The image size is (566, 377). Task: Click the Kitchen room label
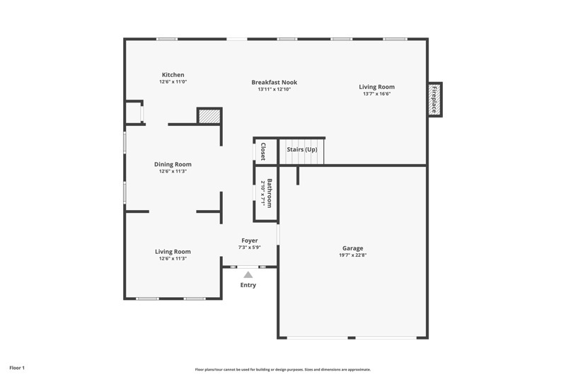(x=173, y=75)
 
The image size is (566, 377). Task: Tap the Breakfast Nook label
(x=274, y=83)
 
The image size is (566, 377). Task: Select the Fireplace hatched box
(x=434, y=99)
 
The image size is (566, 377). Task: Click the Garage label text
(x=352, y=248)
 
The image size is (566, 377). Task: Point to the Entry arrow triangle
(x=248, y=274)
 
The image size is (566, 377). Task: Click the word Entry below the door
(x=248, y=285)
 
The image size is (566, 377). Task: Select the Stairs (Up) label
(x=301, y=150)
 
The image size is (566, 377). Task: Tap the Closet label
(x=263, y=151)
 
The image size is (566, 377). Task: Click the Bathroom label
(x=270, y=192)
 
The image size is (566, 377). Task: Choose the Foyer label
(x=249, y=240)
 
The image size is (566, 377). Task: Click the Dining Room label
(x=173, y=164)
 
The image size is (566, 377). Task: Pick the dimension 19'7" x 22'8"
(x=352, y=255)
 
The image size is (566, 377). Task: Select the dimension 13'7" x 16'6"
(x=376, y=93)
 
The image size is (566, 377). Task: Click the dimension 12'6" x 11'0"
(x=173, y=82)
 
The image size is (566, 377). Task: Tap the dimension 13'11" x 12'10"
(x=274, y=90)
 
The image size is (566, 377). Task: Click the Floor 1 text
(x=17, y=368)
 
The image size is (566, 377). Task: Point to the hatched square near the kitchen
(x=209, y=117)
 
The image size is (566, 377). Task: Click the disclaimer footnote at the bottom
(x=282, y=369)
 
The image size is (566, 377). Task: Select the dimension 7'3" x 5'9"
(x=249, y=248)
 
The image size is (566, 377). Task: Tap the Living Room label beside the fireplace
(x=376, y=86)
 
